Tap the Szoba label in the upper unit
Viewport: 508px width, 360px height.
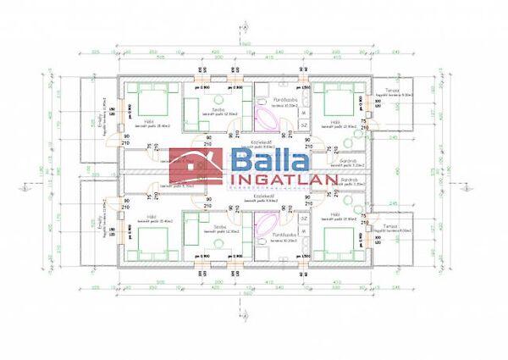pos(218,110)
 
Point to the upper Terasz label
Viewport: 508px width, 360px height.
pos(391,90)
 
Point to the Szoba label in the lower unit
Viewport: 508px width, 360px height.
pos(218,228)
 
